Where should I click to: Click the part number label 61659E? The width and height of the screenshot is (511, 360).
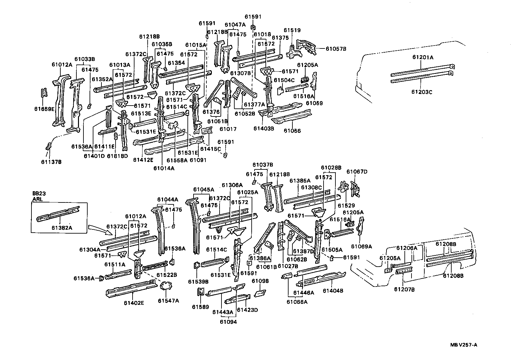pyautogui.click(x=45, y=109)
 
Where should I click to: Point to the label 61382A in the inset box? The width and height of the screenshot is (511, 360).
pyautogui.click(x=62, y=227)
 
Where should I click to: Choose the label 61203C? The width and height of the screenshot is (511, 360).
pyautogui.click(x=422, y=92)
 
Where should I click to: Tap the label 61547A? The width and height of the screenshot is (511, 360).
pyautogui.click(x=168, y=301)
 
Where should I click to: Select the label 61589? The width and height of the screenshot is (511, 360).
pyautogui.click(x=200, y=306)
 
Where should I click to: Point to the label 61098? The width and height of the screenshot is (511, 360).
pyautogui.click(x=260, y=281)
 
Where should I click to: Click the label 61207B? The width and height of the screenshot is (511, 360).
pyautogui.click(x=404, y=289)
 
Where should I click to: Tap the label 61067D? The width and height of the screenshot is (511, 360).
pyautogui.click(x=357, y=172)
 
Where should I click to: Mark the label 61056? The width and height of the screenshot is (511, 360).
pyautogui.click(x=292, y=131)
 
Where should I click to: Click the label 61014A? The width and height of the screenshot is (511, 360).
pyautogui.click(x=163, y=168)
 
